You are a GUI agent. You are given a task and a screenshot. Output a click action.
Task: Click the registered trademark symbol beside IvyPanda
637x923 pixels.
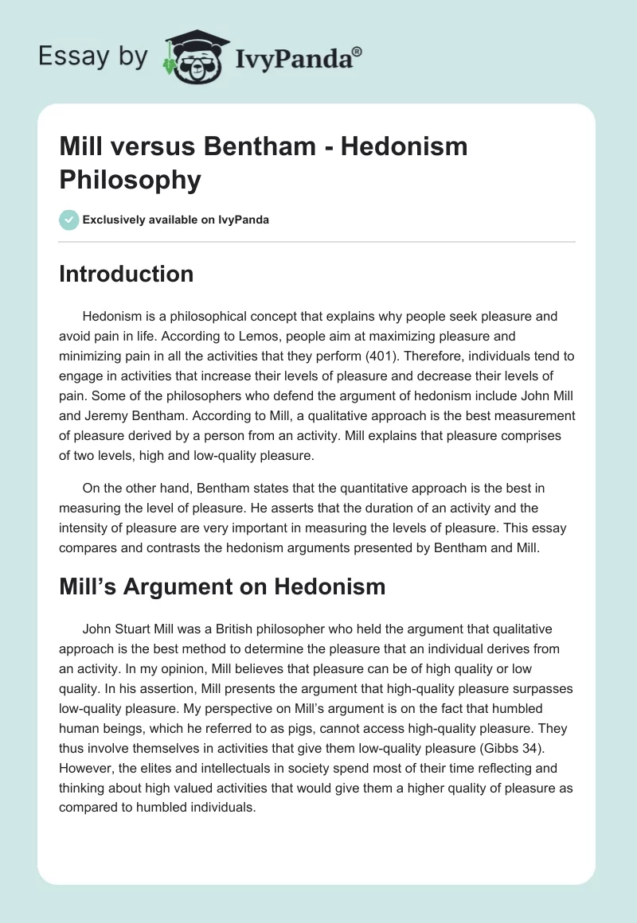[x=358, y=53]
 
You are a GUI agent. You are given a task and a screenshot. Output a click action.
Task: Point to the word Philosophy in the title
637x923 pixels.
[x=131, y=180]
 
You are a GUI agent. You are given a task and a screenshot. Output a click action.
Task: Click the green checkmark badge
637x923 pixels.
[x=69, y=220]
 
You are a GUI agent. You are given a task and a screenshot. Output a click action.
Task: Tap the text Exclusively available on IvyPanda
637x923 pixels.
[x=177, y=220]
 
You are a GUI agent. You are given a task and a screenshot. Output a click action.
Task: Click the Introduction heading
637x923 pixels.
[x=127, y=274]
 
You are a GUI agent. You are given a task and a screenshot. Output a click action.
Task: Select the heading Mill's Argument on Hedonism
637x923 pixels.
[x=222, y=586]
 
